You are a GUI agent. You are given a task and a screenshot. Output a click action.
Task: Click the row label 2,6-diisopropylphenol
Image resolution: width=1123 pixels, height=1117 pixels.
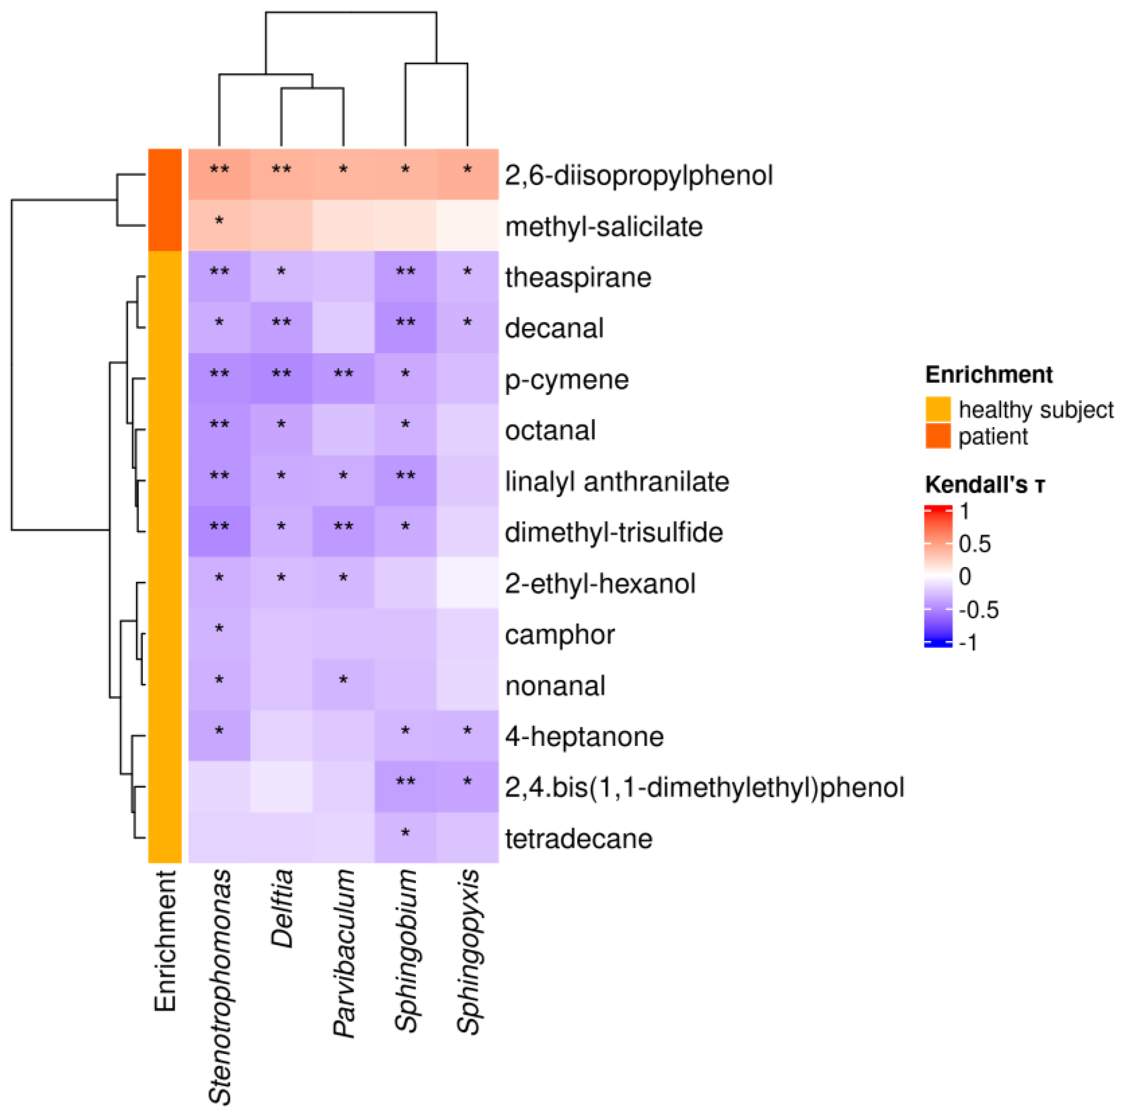(x=638, y=176)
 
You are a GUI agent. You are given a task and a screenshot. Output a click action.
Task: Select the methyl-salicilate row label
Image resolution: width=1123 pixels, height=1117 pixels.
(x=603, y=227)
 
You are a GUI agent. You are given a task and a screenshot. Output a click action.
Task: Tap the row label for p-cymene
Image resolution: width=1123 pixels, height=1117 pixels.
(x=567, y=380)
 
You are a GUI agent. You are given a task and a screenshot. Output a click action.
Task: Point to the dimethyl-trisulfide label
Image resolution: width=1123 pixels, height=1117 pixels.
(x=613, y=533)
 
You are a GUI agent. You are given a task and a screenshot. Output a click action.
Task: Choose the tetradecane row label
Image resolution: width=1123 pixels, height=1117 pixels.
(x=578, y=839)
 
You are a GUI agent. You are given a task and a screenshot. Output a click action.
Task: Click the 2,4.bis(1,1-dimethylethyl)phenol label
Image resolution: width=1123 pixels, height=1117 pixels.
(x=704, y=788)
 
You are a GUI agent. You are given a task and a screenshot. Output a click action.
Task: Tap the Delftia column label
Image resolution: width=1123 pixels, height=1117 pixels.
(x=282, y=909)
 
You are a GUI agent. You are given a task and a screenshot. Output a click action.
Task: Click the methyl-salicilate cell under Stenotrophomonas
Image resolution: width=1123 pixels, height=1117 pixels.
(x=220, y=225)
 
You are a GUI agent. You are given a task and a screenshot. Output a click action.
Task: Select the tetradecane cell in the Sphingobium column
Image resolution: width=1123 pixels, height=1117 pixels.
(x=406, y=837)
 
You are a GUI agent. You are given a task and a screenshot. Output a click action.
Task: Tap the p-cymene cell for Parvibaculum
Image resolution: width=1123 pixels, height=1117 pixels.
(x=343, y=378)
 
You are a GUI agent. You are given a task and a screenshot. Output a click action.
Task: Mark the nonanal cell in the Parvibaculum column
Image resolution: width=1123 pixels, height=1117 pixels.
(x=343, y=684)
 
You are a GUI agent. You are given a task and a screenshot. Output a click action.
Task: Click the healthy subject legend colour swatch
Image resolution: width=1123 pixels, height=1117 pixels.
(x=937, y=409)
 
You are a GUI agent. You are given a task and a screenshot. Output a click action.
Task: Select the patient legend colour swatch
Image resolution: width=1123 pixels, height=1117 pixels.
(x=937, y=436)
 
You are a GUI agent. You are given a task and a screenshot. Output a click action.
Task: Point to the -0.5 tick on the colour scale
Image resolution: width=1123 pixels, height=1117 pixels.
(x=978, y=610)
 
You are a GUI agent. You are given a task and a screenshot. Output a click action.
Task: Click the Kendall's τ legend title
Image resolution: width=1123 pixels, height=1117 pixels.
(x=984, y=484)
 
